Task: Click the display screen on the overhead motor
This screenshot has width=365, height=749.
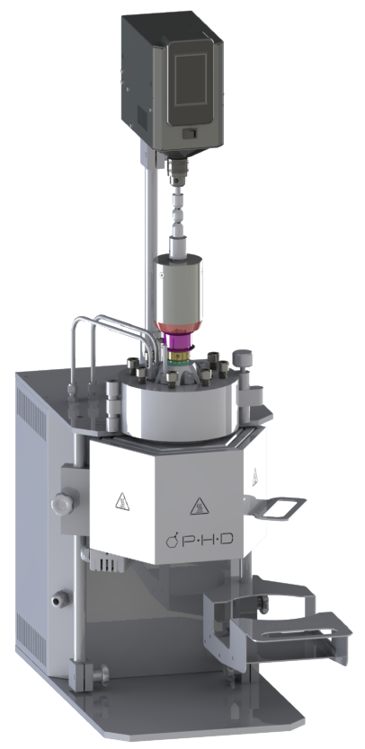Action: click(191, 79)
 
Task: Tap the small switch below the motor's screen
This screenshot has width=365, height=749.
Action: click(190, 133)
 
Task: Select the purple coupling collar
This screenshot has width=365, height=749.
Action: click(180, 341)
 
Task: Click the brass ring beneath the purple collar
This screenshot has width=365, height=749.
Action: click(180, 356)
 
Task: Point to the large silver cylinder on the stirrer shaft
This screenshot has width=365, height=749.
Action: click(178, 291)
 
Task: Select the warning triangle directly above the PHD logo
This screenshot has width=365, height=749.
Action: click(200, 507)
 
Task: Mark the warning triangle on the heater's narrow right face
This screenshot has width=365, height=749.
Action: click(255, 476)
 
